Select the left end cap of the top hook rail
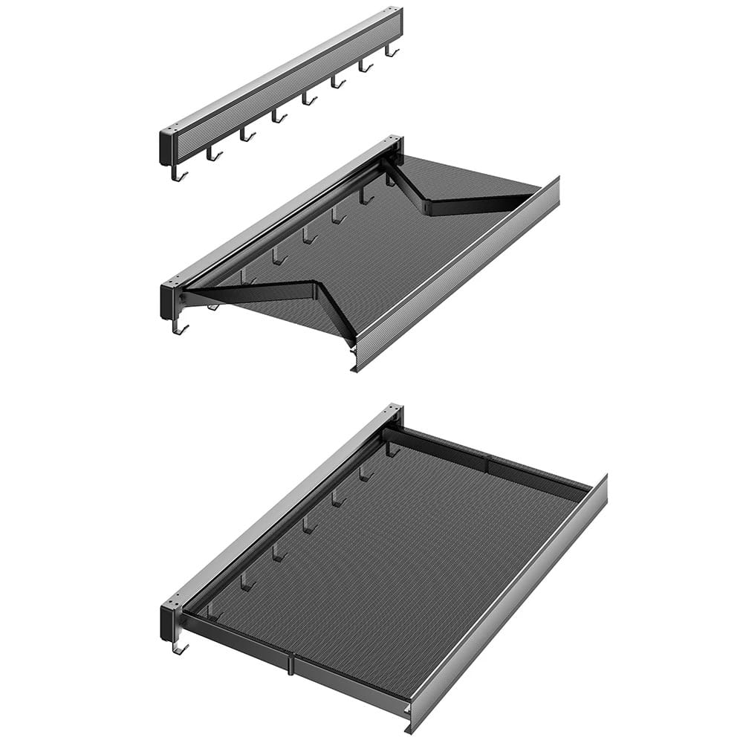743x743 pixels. click(x=167, y=147)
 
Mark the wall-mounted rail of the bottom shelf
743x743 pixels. click(x=282, y=505)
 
